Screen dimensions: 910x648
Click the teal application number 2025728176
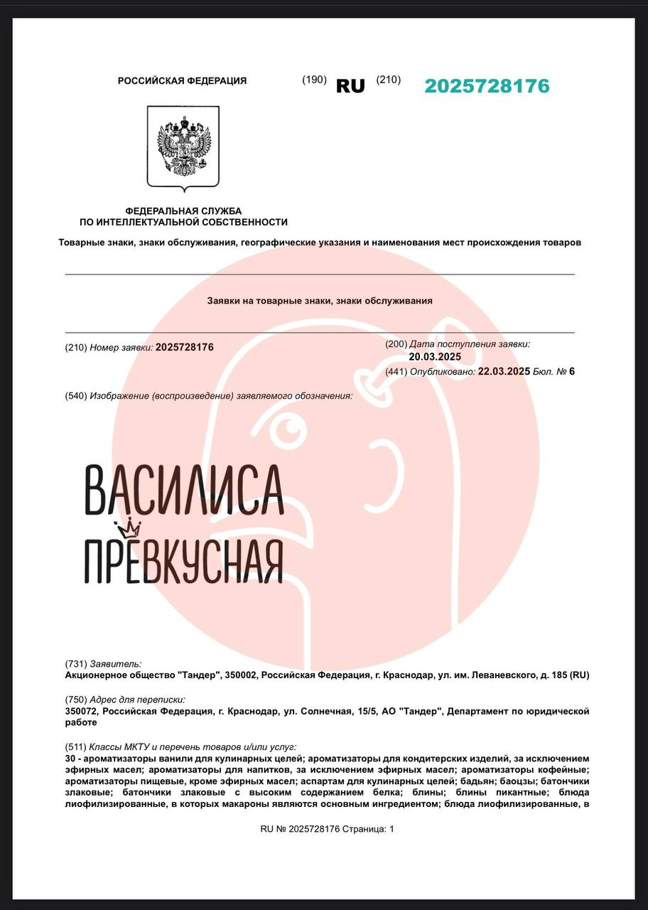[487, 86]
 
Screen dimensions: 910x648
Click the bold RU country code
[350, 86]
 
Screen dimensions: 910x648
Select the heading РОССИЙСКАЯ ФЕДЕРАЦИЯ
[182, 81]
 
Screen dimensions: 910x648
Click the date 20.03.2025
[435, 357]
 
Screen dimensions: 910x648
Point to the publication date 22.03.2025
[504, 371]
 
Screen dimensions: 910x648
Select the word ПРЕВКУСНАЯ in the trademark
[183, 561]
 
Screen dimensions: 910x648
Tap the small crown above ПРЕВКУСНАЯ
[128, 528]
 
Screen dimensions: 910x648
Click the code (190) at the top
[314, 80]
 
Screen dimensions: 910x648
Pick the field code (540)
[76, 395]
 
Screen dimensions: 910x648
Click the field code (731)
[76, 664]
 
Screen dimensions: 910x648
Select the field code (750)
[76, 700]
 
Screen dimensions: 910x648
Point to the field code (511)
[76, 747]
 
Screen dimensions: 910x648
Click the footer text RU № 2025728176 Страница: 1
[327, 829]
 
